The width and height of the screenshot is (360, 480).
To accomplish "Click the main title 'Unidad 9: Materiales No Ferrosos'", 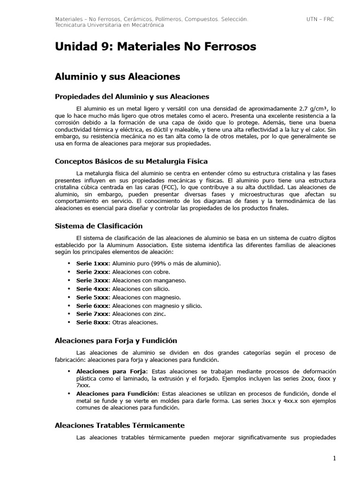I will tap(155, 47).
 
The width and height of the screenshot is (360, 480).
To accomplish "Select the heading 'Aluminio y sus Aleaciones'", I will tap(117, 76).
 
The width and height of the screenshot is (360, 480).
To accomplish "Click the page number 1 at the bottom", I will tap(335, 458).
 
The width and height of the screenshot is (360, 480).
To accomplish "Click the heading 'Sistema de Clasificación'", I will tap(98, 226).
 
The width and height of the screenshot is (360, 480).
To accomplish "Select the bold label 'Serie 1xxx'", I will tap(92, 263).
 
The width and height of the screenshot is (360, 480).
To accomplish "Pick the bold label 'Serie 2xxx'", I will tap(92, 272).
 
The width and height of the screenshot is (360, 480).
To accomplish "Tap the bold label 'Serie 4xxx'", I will tap(92, 289).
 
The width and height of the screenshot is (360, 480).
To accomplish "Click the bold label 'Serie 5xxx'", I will tap(92, 297).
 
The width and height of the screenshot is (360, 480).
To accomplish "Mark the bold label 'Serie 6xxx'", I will tap(92, 306).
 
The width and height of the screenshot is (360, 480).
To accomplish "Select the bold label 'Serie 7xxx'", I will tap(92, 314).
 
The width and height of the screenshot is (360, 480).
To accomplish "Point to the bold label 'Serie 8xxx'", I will tap(92, 322).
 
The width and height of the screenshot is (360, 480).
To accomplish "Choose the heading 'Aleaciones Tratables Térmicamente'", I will tap(120, 425).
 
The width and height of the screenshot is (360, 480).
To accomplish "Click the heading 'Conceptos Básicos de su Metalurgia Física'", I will tap(131, 161).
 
